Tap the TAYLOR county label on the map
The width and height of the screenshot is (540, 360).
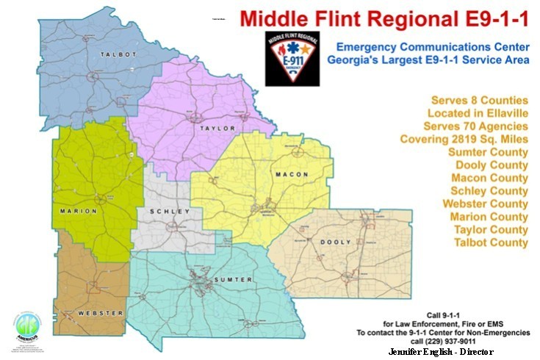tap(215, 128)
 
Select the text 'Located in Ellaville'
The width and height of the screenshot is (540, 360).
tap(478, 113)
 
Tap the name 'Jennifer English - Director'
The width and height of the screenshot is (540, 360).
tap(441, 351)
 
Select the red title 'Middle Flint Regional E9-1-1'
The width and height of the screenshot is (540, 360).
tap(385, 18)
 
